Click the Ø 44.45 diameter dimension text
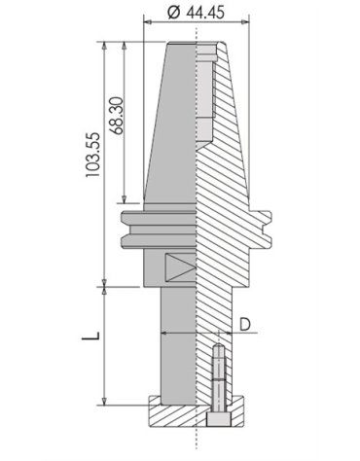tap(196, 13)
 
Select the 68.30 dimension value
tap(117, 116)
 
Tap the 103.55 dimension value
tap(93, 155)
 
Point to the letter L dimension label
tap(90, 335)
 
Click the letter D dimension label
tap(245, 324)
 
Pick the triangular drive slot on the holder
tap(180, 267)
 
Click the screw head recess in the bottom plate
tap(218, 419)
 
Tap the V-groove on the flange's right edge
tap(267, 230)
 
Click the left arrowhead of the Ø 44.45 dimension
tap(148, 22)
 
